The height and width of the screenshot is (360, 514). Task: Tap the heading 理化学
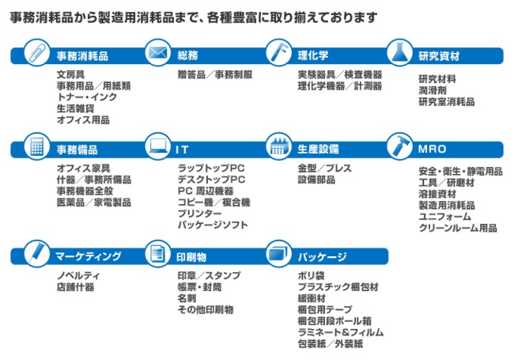[x=312, y=56]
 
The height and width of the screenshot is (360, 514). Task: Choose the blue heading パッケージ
[x=322, y=256]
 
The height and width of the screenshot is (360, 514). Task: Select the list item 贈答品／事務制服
[x=214, y=74]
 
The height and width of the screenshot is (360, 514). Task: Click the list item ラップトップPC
[x=210, y=169]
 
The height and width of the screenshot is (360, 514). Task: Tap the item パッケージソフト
[x=212, y=225]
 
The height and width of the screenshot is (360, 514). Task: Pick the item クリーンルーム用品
[x=457, y=228]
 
